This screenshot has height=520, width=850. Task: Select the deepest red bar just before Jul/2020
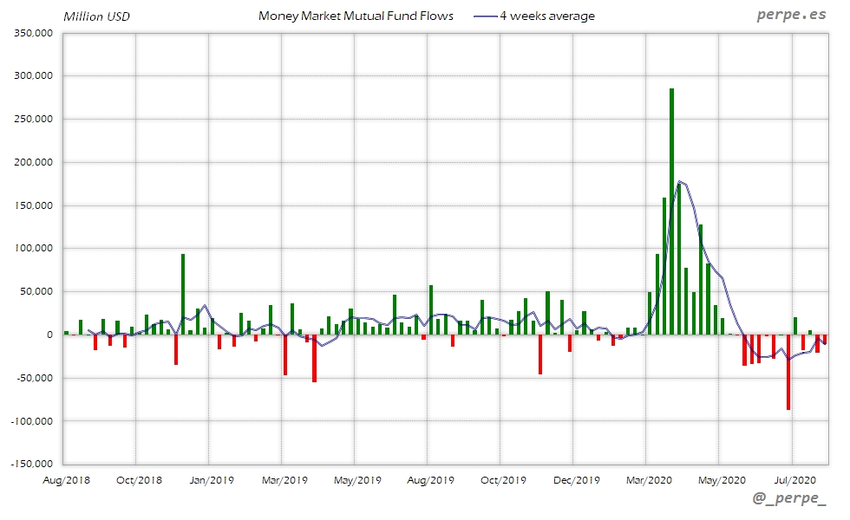(x=788, y=372)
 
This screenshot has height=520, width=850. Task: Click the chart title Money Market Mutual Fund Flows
(x=356, y=16)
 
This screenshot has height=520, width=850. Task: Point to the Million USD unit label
(x=96, y=16)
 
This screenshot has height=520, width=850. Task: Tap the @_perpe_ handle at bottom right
(x=789, y=499)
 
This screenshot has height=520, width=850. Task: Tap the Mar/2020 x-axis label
(x=646, y=479)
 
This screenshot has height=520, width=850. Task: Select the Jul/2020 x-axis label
(x=792, y=479)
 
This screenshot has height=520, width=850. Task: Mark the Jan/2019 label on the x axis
(x=209, y=479)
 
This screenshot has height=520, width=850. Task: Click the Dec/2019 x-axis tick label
(x=573, y=479)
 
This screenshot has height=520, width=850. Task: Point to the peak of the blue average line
(x=680, y=182)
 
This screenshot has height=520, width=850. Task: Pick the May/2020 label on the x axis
(x=719, y=479)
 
